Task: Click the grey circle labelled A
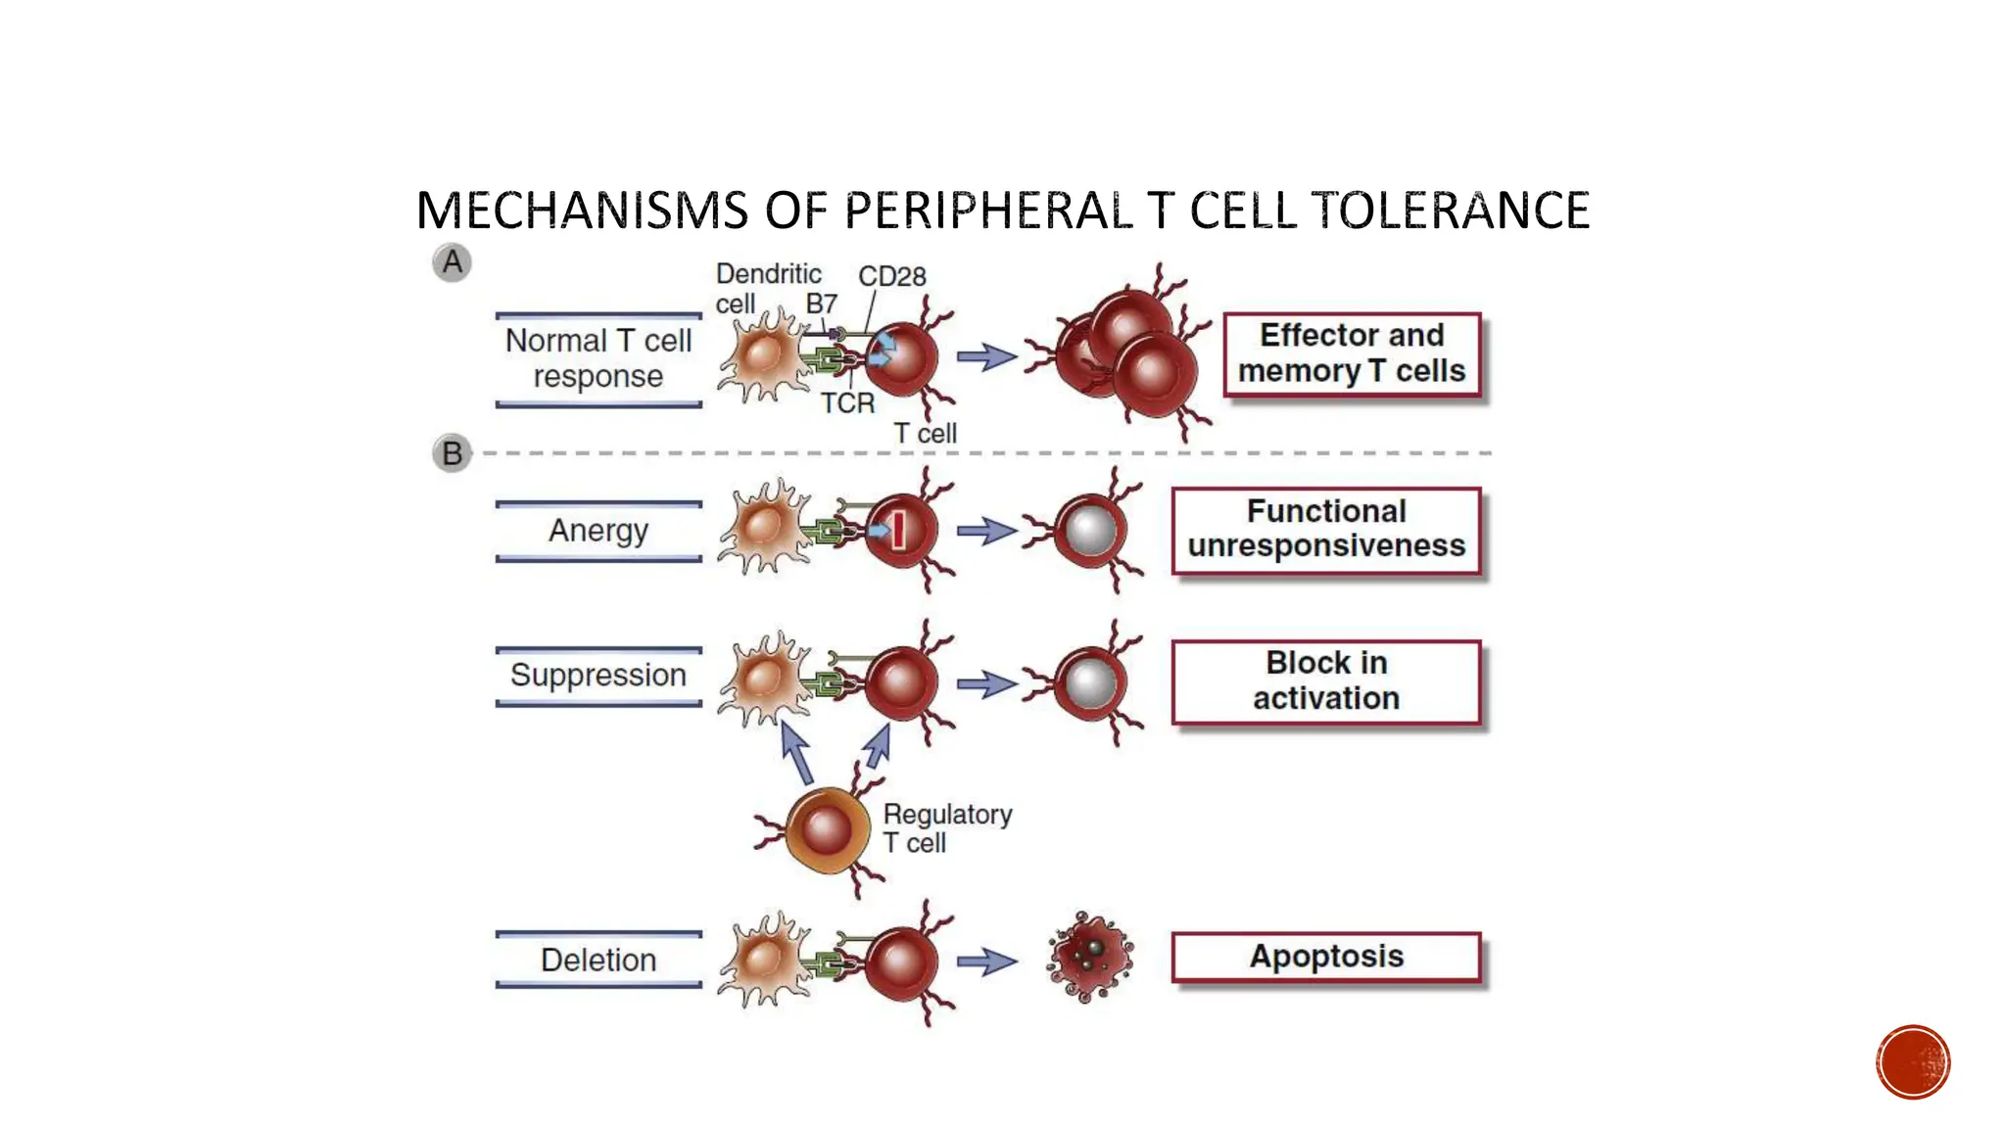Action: [x=452, y=262]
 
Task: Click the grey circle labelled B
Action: [x=452, y=453]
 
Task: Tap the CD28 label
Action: [x=891, y=277]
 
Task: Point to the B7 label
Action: [x=821, y=305]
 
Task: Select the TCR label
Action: [x=847, y=403]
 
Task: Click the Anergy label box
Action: [x=598, y=531]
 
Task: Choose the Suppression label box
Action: [x=598, y=676]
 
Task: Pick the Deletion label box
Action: [x=598, y=960]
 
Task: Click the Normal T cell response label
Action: [x=598, y=358]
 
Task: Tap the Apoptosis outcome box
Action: [x=1326, y=957]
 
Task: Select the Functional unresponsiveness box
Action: [x=1326, y=530]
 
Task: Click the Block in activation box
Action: [x=1326, y=681]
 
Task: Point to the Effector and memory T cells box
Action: [x=1352, y=353]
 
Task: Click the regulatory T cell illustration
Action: [x=826, y=830]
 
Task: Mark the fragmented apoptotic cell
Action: [x=1089, y=956]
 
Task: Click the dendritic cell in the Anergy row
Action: [x=765, y=528]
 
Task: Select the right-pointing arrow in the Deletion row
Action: [x=986, y=962]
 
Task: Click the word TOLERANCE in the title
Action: [x=1450, y=211]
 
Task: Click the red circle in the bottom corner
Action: [x=1913, y=1062]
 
